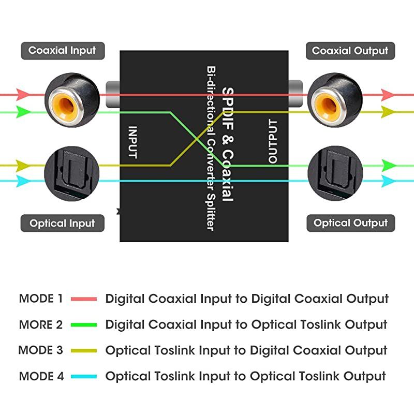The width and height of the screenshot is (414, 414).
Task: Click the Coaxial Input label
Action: pos(62,51)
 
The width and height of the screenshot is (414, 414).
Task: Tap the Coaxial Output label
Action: pos(350,51)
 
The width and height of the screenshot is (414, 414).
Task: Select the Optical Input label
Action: pos(62,224)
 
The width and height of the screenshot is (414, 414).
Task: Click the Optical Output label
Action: pos(350,224)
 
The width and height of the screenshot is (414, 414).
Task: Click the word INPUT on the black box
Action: pos(132,142)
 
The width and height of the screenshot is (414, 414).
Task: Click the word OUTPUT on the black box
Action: pos(273,142)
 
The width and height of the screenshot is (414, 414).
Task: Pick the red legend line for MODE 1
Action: pos(84,299)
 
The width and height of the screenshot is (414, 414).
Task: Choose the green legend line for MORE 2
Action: pos(84,325)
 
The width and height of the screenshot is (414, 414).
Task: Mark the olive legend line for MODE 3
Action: pos(84,351)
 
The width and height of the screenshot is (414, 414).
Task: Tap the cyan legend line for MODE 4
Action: pos(84,377)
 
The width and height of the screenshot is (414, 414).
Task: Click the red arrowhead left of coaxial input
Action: pos(22,94)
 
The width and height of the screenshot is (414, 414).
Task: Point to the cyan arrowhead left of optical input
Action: pos(22,181)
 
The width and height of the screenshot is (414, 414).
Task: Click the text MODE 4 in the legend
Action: pos(41,376)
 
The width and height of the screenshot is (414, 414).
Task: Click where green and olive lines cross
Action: pos(197,138)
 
